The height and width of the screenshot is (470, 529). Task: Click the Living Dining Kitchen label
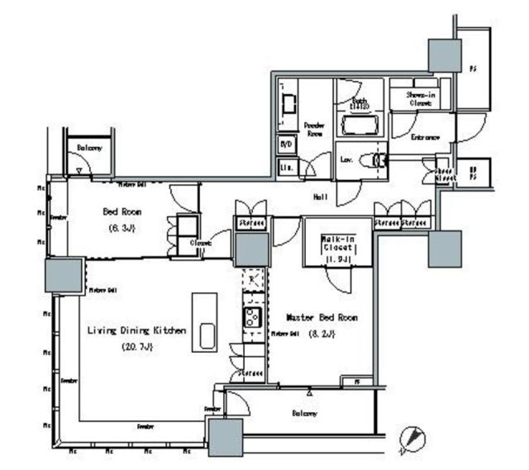click(x=137, y=331)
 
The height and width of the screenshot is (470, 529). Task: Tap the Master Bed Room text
click(x=322, y=318)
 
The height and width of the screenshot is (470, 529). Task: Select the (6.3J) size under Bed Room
click(x=122, y=228)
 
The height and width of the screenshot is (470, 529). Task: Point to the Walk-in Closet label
click(x=338, y=243)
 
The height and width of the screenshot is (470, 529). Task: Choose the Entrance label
click(x=424, y=137)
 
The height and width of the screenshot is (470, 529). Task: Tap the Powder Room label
click(x=314, y=129)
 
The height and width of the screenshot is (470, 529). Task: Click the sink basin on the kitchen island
click(x=207, y=336)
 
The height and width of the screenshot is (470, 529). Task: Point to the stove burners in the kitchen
click(x=253, y=317)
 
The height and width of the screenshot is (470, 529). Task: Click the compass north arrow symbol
click(x=413, y=439)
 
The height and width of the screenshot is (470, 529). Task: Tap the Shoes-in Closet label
click(x=420, y=99)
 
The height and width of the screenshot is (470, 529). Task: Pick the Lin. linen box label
click(x=287, y=167)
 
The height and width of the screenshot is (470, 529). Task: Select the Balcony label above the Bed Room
click(x=89, y=148)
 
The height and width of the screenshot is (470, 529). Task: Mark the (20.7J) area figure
click(x=136, y=347)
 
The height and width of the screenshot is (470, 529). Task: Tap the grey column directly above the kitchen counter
click(x=252, y=249)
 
